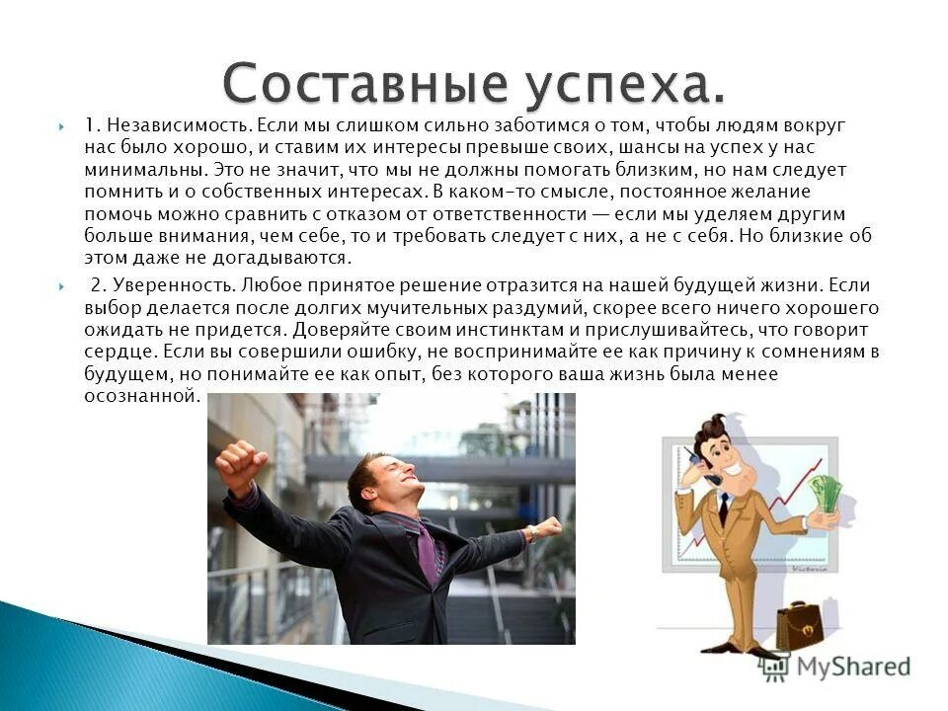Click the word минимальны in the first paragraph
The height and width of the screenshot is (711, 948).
[130, 171]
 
